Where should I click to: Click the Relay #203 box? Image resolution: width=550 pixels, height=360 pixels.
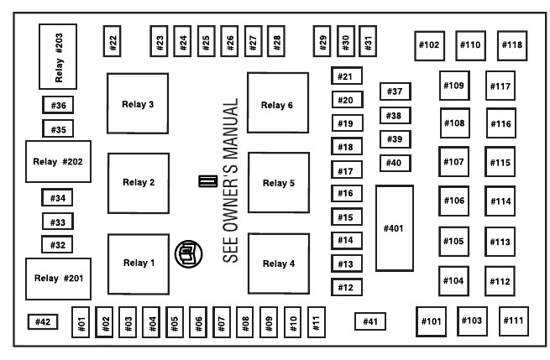(58, 56)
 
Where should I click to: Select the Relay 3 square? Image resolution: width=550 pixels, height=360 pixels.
(138, 103)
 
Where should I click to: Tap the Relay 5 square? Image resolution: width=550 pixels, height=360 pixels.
(279, 183)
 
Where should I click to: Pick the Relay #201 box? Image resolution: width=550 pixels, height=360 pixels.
(58, 279)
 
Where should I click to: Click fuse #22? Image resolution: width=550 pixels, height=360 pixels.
(113, 41)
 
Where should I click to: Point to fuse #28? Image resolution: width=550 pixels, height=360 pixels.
(276, 41)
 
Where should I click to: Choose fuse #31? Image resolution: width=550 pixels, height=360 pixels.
(368, 41)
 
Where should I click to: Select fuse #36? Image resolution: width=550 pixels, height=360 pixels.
(58, 105)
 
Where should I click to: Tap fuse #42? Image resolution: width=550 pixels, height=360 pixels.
(43, 321)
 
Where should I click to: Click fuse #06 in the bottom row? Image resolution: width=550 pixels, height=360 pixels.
(198, 322)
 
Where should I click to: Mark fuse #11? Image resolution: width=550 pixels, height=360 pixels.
(317, 322)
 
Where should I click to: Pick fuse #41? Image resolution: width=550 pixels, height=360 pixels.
(370, 321)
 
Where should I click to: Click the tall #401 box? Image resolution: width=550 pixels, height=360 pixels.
(395, 228)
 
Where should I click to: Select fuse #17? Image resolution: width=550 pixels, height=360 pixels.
(347, 170)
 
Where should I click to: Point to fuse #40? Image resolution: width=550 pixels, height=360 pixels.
(395, 163)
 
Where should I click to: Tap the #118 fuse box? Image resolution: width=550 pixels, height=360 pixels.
(512, 45)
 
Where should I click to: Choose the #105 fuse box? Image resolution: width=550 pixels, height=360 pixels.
(454, 242)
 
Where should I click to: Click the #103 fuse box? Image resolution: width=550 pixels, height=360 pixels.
(472, 321)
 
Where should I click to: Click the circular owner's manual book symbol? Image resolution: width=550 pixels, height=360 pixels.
(189, 254)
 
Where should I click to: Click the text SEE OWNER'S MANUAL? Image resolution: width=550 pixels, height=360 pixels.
(230, 180)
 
